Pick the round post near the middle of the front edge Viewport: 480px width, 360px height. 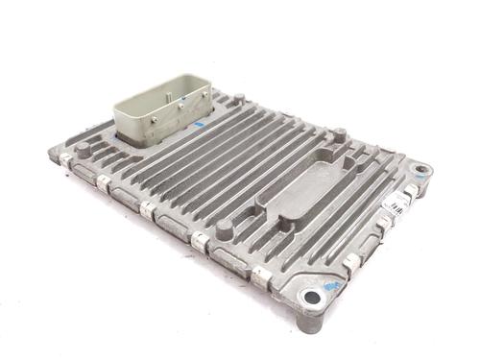pos(224,230)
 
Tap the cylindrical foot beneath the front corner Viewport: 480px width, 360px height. pos(309,322)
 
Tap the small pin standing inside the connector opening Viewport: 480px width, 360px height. pos(178,97)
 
